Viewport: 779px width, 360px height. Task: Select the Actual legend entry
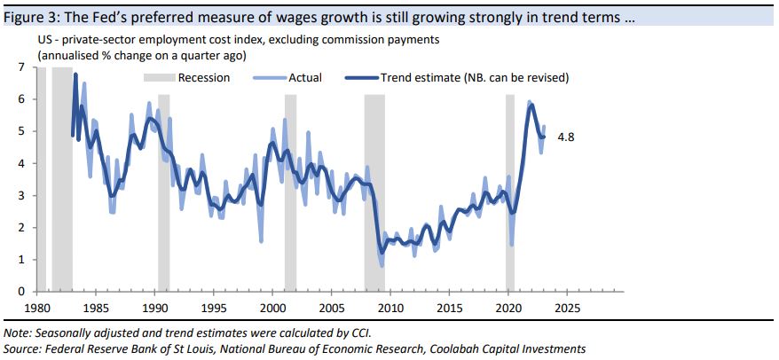pos(305,77)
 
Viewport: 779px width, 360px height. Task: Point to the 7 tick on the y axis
pos(22,67)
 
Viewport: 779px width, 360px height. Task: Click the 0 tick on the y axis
pos(22,292)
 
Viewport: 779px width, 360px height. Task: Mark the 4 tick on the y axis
pos(22,163)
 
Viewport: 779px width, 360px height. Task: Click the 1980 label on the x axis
pos(36,308)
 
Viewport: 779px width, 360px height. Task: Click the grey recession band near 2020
pos(510,177)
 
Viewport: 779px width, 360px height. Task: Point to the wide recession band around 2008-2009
pos(374,177)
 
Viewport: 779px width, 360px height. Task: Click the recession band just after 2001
pos(290,177)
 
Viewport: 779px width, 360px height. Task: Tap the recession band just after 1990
pos(163,177)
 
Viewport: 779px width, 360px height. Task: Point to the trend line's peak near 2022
pos(531,106)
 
